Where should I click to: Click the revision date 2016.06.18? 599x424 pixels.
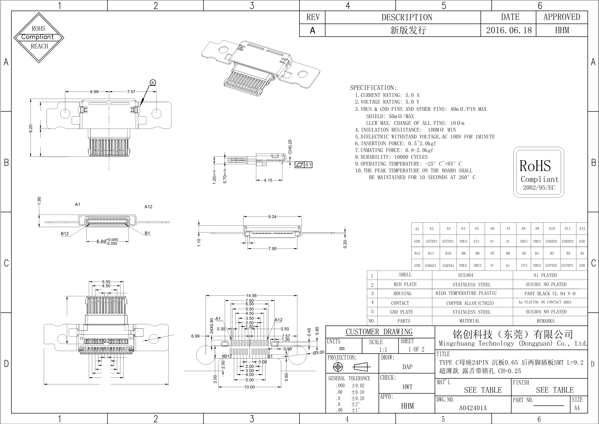[509, 30]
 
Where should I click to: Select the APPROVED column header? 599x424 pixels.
[562, 17]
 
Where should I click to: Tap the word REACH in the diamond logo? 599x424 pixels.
[39, 46]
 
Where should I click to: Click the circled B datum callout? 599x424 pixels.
[153, 83]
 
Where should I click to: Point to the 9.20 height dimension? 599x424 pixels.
[31, 128]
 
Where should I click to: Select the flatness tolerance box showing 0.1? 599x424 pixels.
[303, 165]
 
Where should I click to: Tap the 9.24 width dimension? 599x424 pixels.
[272, 217]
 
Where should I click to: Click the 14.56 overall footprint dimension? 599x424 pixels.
[251, 296]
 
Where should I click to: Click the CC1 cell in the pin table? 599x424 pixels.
[477, 241]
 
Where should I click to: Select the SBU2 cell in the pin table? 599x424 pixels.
[477, 265]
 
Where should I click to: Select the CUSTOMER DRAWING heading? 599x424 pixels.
[379, 332]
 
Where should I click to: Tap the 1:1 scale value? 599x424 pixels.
[383, 350]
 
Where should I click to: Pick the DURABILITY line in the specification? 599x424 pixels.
[391, 157]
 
